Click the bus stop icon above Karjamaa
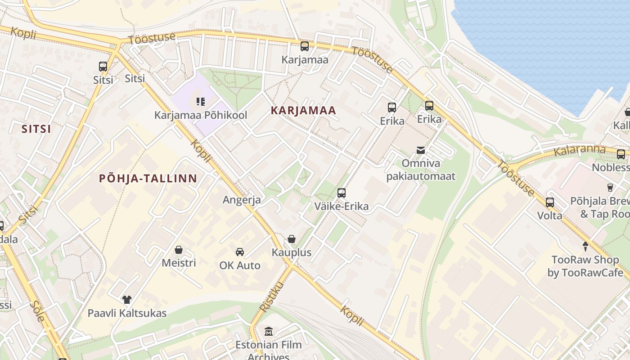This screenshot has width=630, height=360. pos(305,46)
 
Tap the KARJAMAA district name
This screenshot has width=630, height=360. pos(304,111)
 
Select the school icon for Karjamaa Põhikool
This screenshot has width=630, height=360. pos(201,102)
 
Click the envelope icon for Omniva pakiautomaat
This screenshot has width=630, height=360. pos(421,150)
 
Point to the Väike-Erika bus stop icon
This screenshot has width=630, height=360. pos(342,193)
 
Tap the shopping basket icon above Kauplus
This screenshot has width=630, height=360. pos(292,239)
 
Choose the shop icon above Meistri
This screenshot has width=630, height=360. pos(179,249)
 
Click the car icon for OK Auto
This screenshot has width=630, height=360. pos(240,252)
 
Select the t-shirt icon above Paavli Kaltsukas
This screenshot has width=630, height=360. pos(127,299)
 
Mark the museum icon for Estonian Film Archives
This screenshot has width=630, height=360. pos(269,332)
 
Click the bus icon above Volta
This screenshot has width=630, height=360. pos(549,202)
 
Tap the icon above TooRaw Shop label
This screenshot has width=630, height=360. pos(585,247)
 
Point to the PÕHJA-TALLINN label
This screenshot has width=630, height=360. pos(148,178)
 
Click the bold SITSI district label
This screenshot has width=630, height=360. pos(36,129)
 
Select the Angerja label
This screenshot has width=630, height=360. pos(242,200)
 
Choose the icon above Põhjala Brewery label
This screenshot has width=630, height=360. pos(610,188)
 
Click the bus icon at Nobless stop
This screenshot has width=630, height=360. pos(621,154)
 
